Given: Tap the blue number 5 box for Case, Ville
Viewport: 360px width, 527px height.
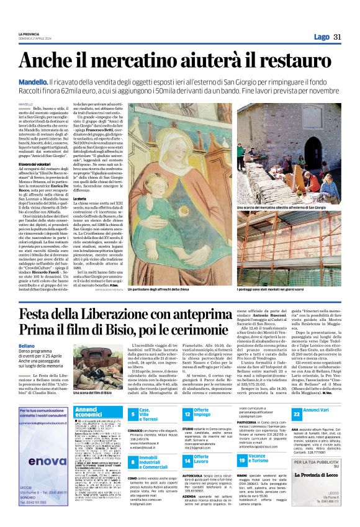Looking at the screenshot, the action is [132, 414].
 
